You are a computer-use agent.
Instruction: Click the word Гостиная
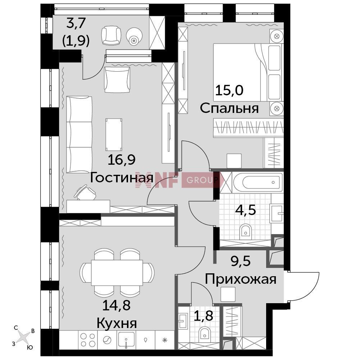122,178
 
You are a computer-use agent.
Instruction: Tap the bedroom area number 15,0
229,90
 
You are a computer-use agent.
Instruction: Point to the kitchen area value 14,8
116,305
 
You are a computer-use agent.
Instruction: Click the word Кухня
117,323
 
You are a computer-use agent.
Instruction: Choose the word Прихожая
240,279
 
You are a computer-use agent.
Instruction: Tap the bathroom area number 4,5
246,210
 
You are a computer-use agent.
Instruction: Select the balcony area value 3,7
76,23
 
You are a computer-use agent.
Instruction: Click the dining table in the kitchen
117,273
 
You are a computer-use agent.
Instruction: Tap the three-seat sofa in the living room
79,134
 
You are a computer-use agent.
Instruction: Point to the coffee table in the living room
114,135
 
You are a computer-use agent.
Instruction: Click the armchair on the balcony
111,35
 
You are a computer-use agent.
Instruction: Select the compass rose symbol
23,337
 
